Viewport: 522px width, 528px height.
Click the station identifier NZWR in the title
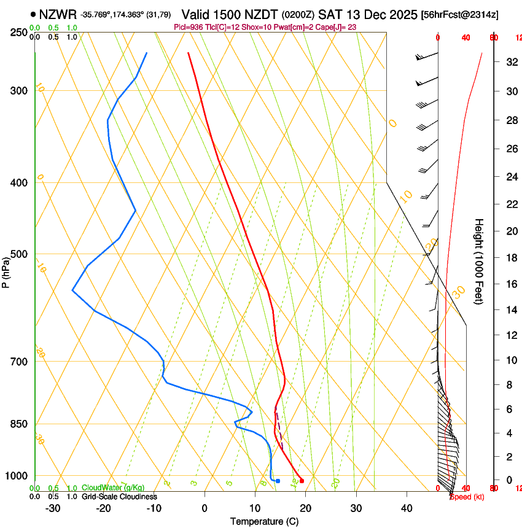click(57, 14)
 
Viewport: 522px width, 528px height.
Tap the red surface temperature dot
click(302, 481)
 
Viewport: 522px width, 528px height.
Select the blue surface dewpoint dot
click(278, 481)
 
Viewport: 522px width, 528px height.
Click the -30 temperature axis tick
click(53, 508)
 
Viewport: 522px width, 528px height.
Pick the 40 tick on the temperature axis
click(407, 508)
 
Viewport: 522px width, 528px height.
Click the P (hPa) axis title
click(6, 270)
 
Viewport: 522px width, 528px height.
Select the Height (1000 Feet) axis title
click(479, 262)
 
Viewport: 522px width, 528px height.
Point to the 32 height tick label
click(510, 62)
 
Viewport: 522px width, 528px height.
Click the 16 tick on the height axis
click(510, 284)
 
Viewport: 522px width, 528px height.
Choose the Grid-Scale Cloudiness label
click(119, 497)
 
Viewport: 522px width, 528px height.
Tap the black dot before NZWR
click(33, 14)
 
